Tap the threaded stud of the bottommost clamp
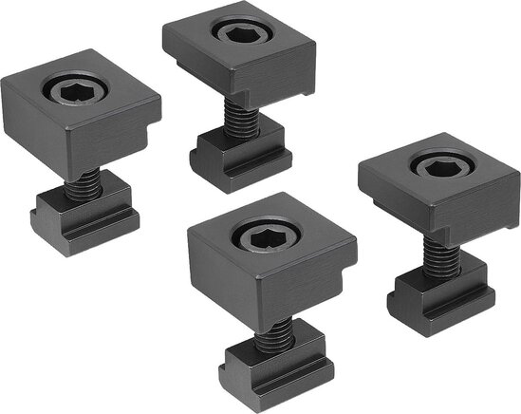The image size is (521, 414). point(273,331)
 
